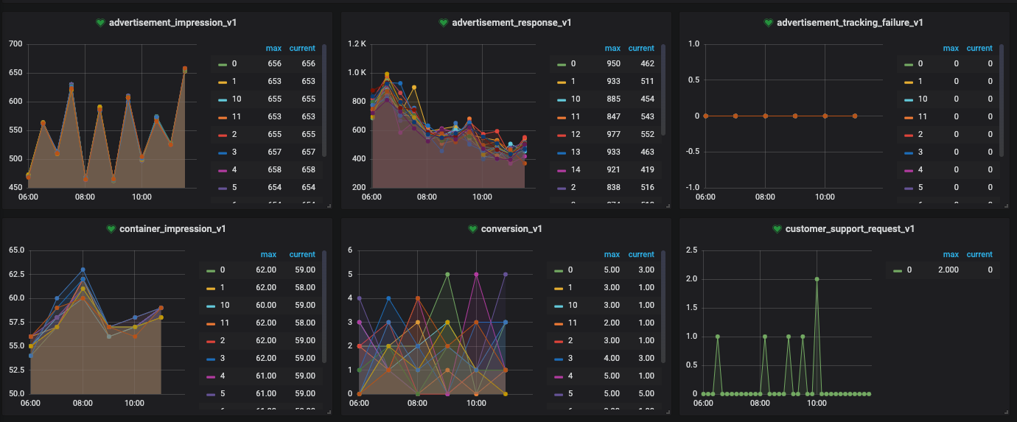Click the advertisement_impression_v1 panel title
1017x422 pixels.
click(x=167, y=23)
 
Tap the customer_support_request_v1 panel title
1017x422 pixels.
click(x=850, y=229)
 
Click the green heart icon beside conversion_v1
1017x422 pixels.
click(x=472, y=229)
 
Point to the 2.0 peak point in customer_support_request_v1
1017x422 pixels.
click(x=817, y=279)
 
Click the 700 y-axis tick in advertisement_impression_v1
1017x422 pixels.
click(x=15, y=44)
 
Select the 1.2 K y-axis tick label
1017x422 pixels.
click(x=357, y=44)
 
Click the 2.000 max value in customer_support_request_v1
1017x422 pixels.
click(x=954, y=270)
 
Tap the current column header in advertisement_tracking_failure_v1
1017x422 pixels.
click(x=979, y=49)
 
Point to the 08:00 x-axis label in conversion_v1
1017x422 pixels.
click(x=418, y=404)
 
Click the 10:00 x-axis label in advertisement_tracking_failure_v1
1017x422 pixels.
click(x=825, y=197)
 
